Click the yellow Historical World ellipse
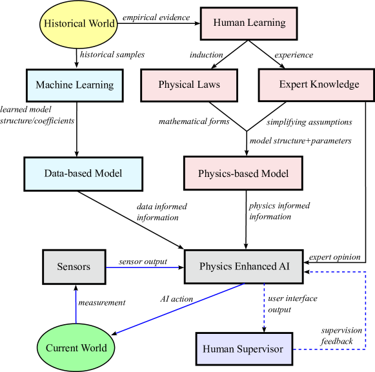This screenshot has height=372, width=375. coord(79,24)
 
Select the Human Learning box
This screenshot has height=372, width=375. coord(248,23)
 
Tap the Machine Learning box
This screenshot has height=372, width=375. coord(74,85)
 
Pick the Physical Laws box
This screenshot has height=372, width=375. coord(189,85)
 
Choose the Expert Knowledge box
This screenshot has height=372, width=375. coord(316,85)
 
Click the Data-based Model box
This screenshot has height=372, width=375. coord(83,174)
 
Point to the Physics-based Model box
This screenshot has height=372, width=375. coord(243,174)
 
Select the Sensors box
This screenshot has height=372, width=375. coord(74,267)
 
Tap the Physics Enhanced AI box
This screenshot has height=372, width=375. coord(243,267)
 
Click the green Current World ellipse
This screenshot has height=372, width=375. coord(76,348)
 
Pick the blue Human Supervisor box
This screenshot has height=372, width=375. coord(244,349)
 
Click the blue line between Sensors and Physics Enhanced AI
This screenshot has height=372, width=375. coord(142,267)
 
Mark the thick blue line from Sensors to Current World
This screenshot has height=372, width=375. coord(76,306)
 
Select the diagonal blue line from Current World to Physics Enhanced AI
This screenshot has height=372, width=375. coord(181,308)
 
